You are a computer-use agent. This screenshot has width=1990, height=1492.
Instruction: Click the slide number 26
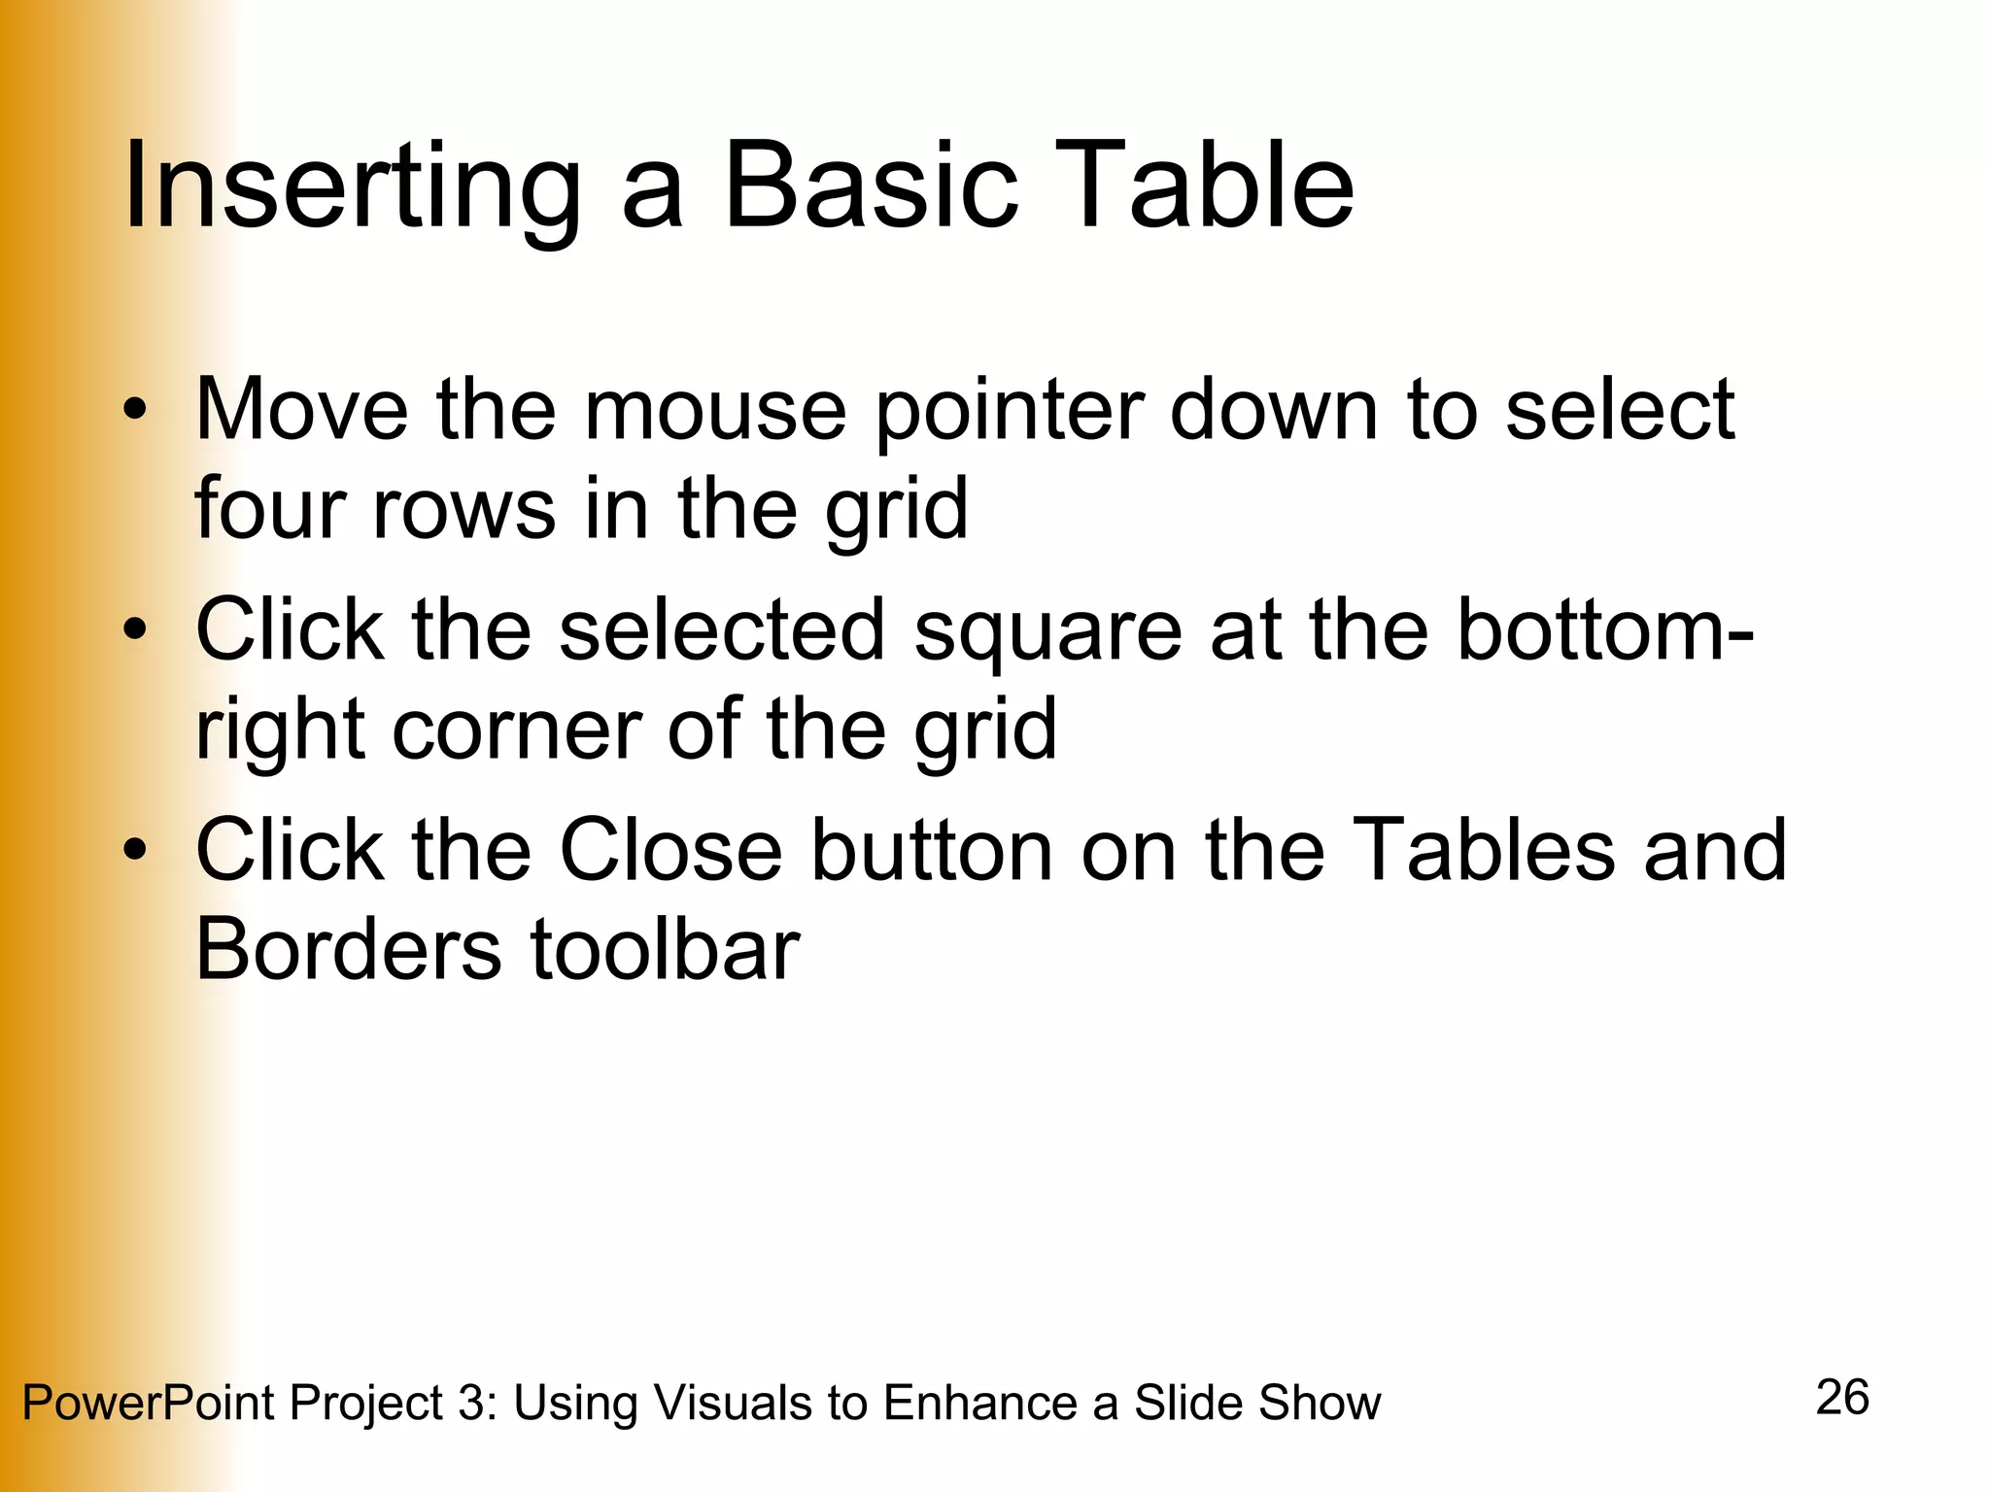click(1842, 1398)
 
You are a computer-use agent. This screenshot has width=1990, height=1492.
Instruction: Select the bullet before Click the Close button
click(135, 850)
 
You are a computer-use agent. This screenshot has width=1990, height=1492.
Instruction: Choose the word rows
click(463, 509)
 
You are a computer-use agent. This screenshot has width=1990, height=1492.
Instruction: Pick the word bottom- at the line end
click(1604, 630)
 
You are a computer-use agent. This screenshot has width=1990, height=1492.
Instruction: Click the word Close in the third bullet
click(670, 851)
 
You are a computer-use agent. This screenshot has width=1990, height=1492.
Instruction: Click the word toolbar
click(665, 949)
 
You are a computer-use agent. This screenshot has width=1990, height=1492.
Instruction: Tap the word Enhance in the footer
click(980, 1403)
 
